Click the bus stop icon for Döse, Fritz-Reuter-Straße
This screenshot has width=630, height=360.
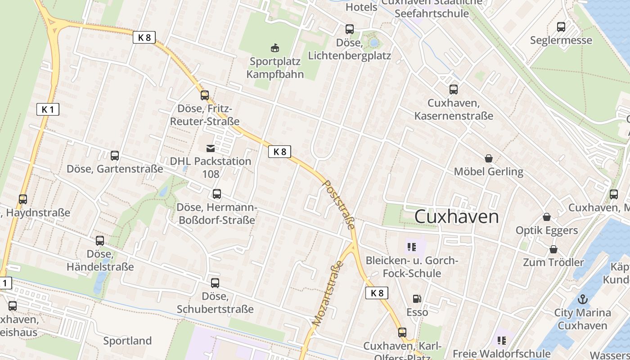[x=205, y=95]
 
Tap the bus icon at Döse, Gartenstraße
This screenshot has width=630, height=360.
[x=115, y=156]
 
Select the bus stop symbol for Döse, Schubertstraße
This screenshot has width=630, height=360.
[x=215, y=283]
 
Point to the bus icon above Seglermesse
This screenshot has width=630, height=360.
[x=561, y=27]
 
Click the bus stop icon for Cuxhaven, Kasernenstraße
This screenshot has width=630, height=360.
[x=453, y=90]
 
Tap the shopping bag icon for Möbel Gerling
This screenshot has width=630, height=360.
[x=489, y=158]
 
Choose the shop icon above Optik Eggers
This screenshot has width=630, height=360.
[x=547, y=217]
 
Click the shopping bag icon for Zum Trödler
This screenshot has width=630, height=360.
[x=553, y=249]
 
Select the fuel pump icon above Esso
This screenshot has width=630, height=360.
[x=417, y=299]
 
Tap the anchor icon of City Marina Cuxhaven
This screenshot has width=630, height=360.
[x=583, y=299]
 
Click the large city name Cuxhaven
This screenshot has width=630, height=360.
[x=456, y=216]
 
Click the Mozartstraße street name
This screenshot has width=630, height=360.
[x=328, y=293]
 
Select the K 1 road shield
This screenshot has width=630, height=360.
[x=48, y=109]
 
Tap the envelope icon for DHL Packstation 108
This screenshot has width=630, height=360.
[x=211, y=148]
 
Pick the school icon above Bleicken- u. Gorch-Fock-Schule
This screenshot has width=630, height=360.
[x=411, y=247]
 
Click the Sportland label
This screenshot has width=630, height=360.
[x=127, y=341]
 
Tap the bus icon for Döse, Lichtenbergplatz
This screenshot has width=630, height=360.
[x=350, y=30]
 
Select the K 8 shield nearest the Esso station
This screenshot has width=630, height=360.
[x=377, y=293]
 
